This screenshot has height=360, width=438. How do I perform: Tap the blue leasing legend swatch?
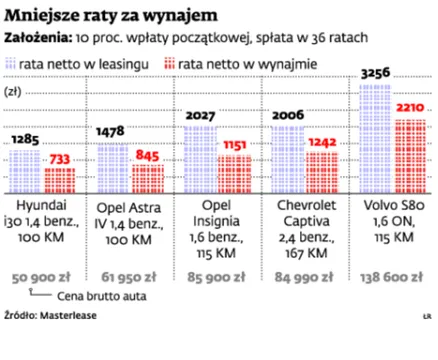(x=13, y=64)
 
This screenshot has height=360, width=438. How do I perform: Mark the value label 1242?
(x=325, y=143)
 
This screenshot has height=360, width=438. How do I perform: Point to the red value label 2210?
(x=411, y=107)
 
